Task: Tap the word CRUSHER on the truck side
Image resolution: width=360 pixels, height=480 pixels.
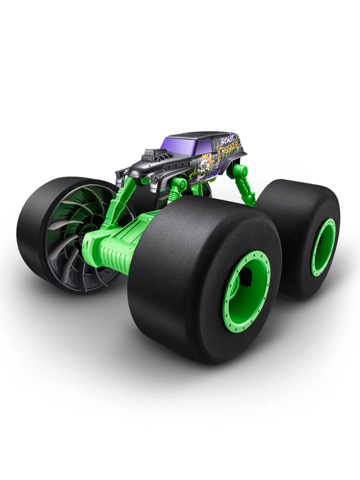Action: click(x=230, y=149)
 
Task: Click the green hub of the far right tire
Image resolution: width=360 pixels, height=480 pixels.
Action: click(x=323, y=247)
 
